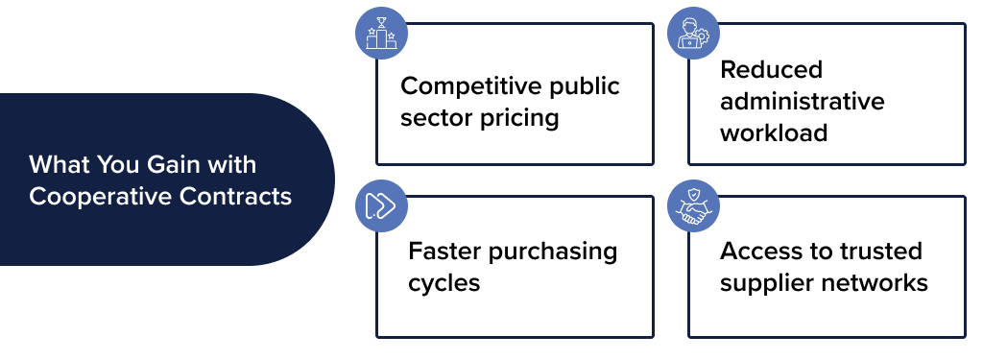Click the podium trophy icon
[x=381, y=35]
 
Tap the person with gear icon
[x=693, y=35]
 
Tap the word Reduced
[x=758, y=70]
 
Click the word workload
[x=774, y=132]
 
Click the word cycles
[x=444, y=283]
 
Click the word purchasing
[x=553, y=252]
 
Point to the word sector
[x=436, y=119]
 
